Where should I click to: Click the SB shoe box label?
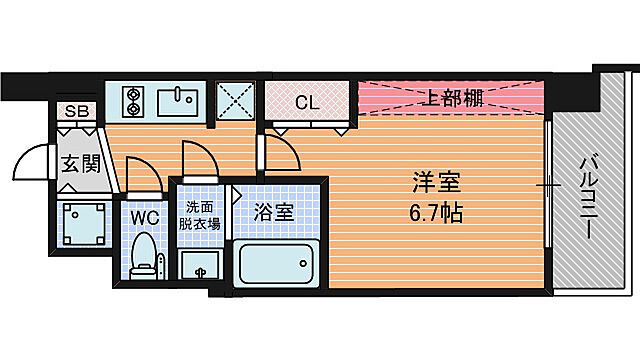(x=77, y=111)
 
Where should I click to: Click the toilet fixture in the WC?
(x=146, y=256)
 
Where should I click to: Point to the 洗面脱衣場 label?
(x=201, y=215)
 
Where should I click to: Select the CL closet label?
(x=306, y=100)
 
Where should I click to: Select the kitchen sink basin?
(x=182, y=100)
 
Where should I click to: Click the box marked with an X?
(x=237, y=101)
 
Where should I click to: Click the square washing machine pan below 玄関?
(x=79, y=224)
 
